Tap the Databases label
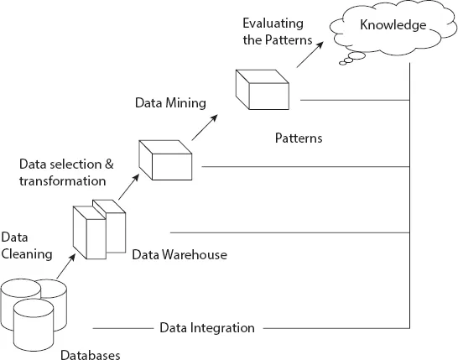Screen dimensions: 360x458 tap(91, 354)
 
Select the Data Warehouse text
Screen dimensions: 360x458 tap(180, 254)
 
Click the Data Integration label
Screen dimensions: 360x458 tap(206, 327)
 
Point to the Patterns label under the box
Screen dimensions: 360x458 tap(299, 137)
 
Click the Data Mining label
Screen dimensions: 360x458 tap(170, 103)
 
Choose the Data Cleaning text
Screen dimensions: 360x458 tap(27, 245)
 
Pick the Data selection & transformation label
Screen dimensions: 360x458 tap(65, 172)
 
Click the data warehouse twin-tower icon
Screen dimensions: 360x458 tap(96, 230)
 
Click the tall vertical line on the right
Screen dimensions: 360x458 tap(410, 201)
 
